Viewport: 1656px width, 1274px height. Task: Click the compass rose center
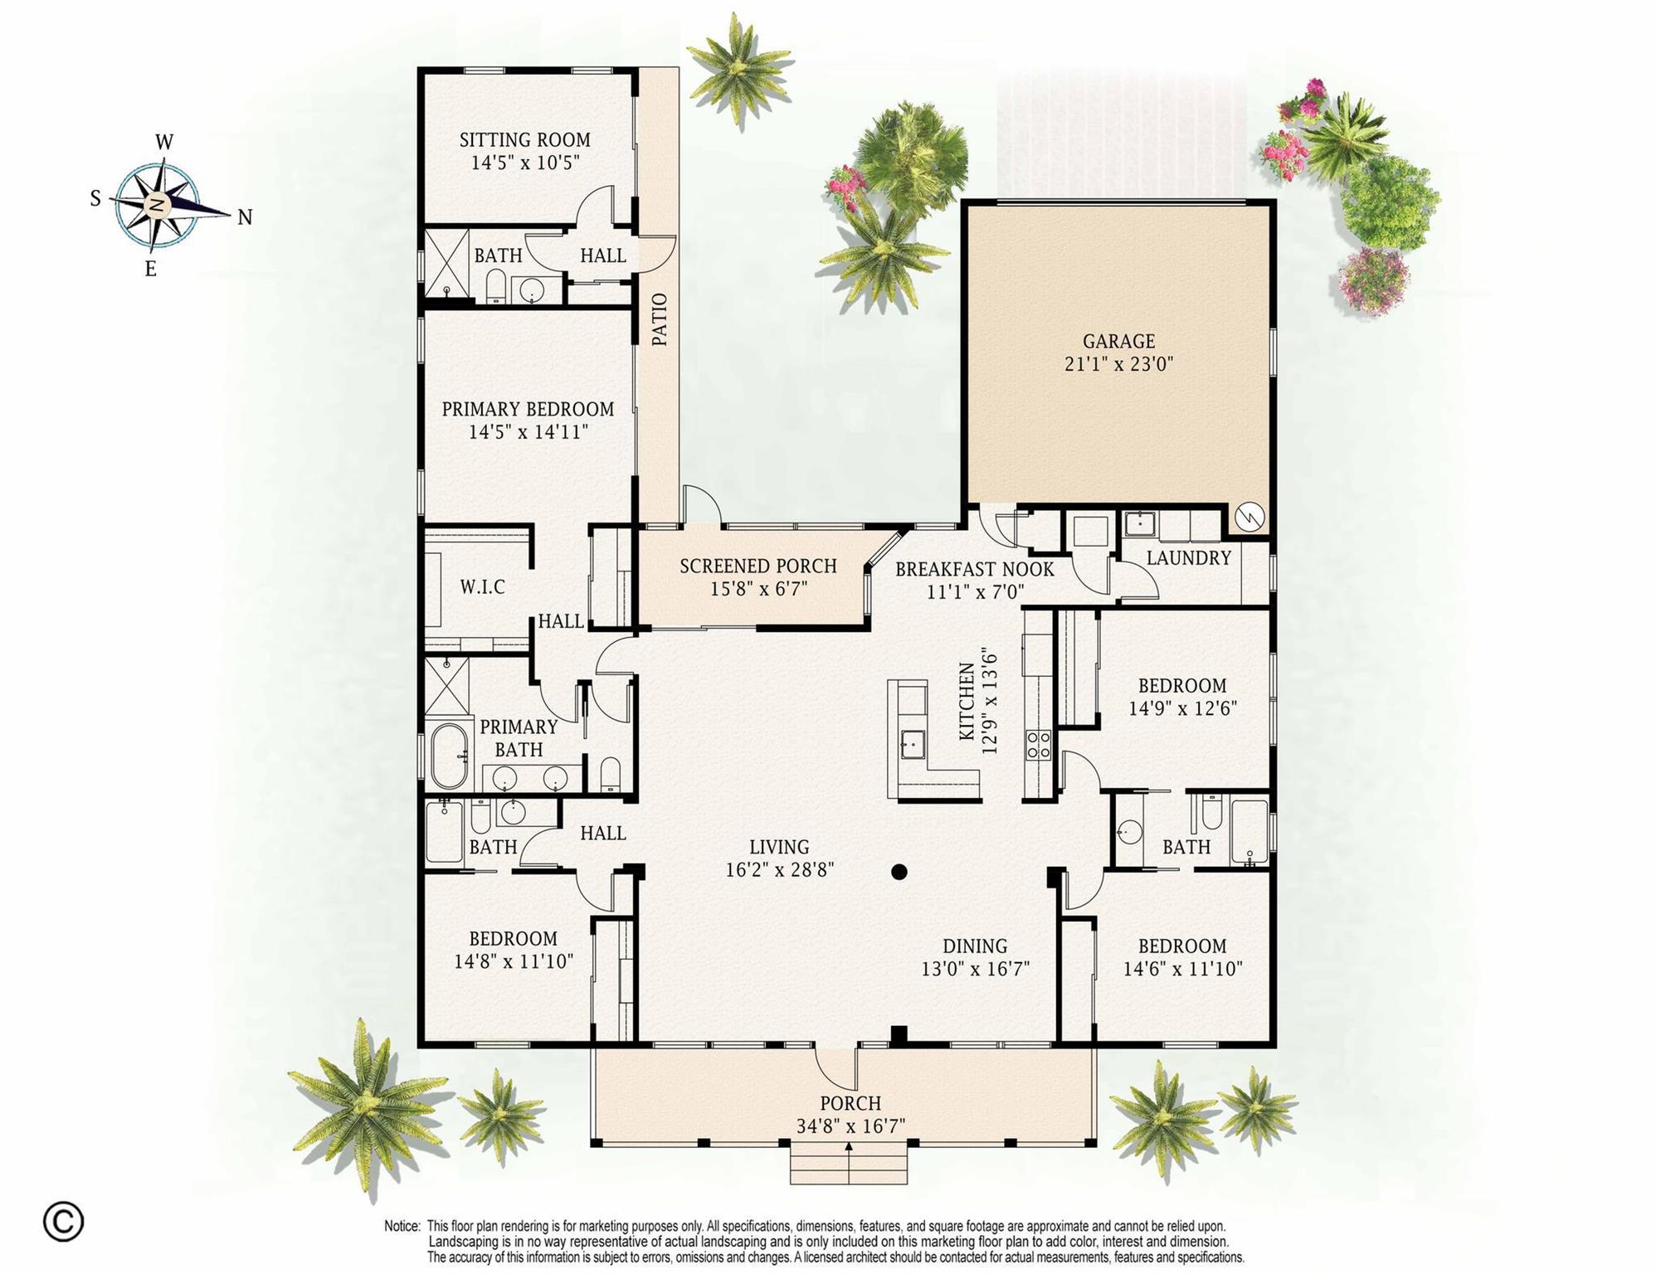click(x=157, y=205)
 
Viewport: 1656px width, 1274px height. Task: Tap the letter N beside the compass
click(x=245, y=217)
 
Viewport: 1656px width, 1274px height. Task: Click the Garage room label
click(x=1118, y=341)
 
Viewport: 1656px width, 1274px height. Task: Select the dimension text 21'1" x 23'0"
click(x=1118, y=364)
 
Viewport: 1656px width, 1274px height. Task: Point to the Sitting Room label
click(x=525, y=140)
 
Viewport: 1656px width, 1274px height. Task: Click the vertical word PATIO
click(x=660, y=319)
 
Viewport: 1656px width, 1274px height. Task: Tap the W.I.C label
click(x=482, y=587)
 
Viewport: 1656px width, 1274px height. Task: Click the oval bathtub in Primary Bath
click(x=449, y=756)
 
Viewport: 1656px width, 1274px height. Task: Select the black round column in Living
click(x=899, y=872)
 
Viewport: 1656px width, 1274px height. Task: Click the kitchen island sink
click(x=913, y=744)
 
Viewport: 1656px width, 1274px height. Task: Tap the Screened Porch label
click(x=758, y=566)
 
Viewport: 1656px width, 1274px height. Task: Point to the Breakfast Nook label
click(x=975, y=570)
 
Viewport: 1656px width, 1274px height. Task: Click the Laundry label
click(x=1188, y=558)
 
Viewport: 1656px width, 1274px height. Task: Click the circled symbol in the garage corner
click(x=1249, y=518)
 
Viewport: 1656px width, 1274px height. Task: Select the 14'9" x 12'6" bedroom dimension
click(x=1182, y=708)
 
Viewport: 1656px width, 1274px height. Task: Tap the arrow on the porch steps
click(x=849, y=1147)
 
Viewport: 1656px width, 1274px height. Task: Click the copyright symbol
click(x=64, y=1221)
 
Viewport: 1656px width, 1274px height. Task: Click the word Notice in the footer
click(x=402, y=1226)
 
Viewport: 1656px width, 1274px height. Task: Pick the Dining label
click(x=975, y=946)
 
